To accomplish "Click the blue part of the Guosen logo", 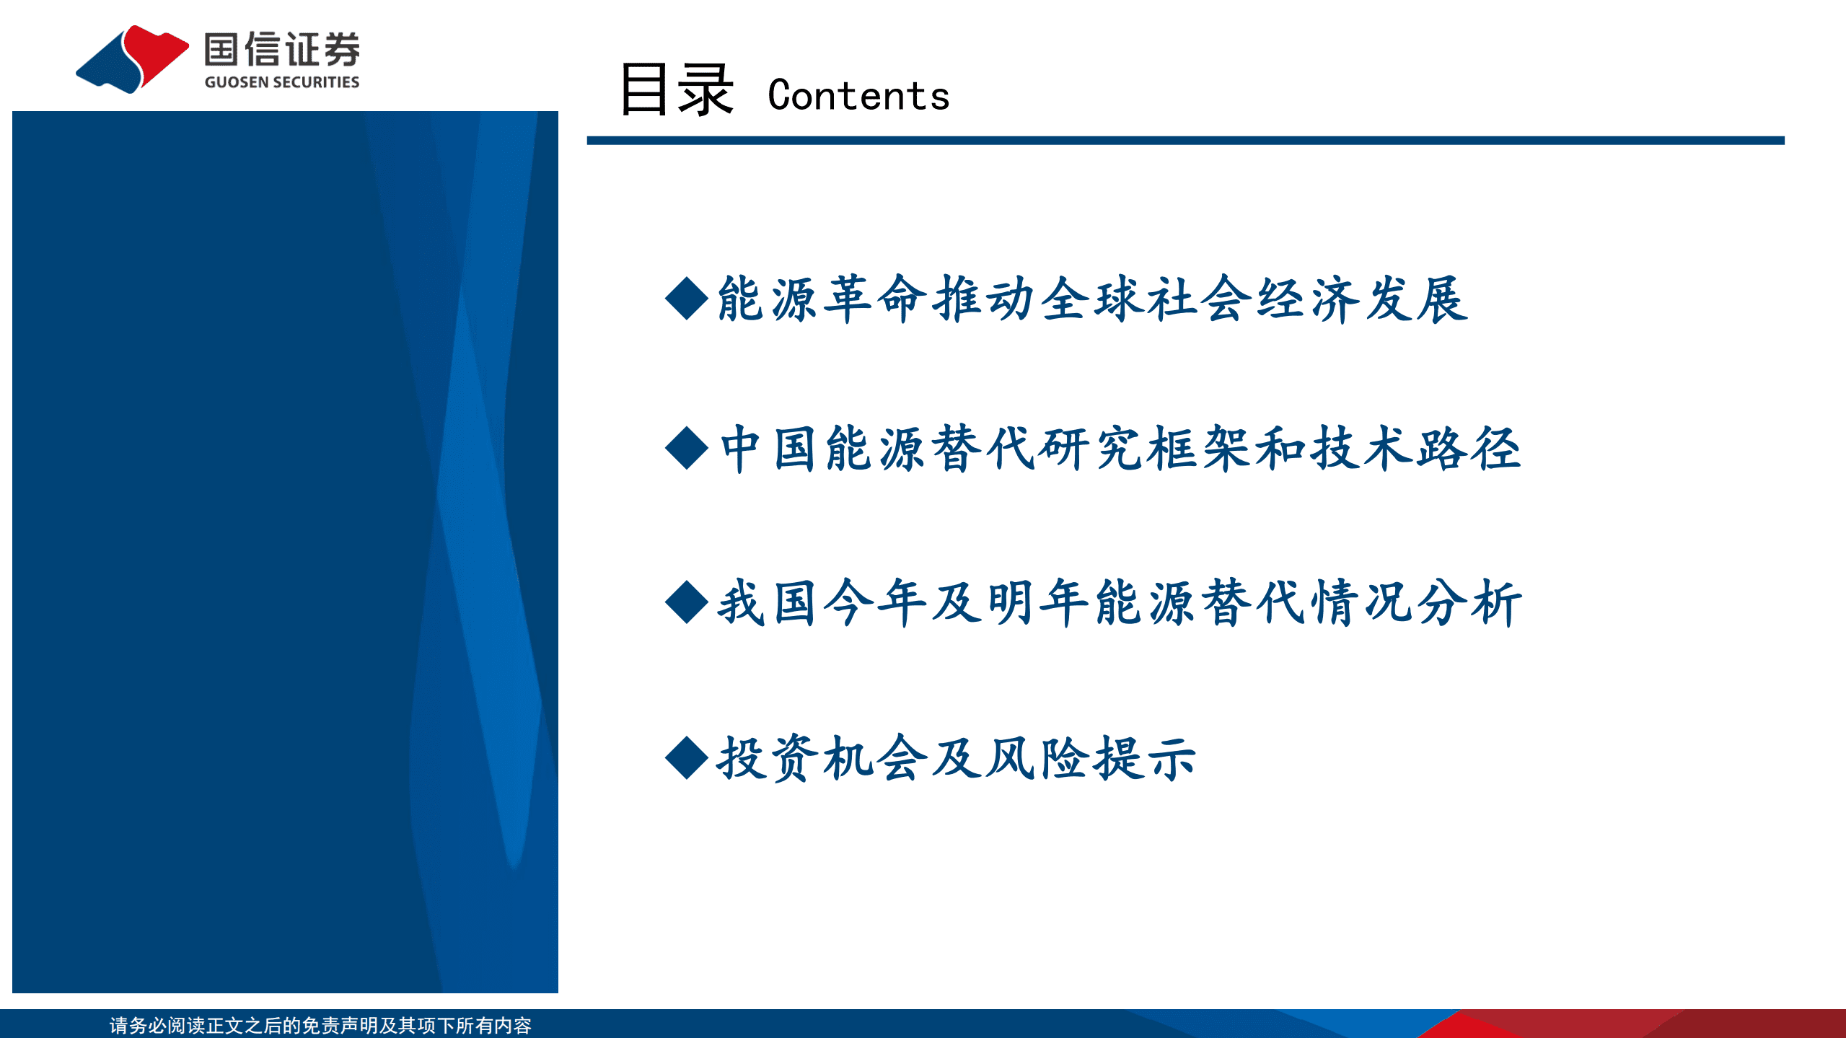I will click(108, 69).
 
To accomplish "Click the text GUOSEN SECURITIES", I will click(281, 82).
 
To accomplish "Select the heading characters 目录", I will click(676, 90).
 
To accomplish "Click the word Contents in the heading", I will click(858, 96).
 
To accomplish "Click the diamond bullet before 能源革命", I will click(686, 298).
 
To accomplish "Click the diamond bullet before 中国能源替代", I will click(686, 448).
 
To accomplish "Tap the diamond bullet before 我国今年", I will click(686, 602).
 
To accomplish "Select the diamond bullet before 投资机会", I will click(686, 758).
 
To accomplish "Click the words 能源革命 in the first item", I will click(822, 299).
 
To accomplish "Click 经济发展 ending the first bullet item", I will click(1362, 299).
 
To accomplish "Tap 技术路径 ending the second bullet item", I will click(1415, 449).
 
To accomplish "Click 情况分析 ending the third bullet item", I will click(1415, 603).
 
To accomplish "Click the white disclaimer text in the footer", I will click(320, 1025).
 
